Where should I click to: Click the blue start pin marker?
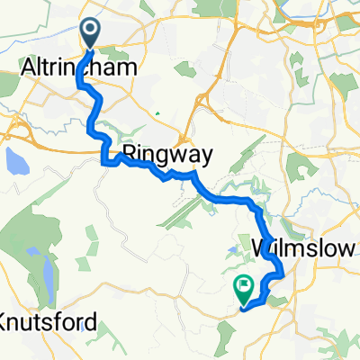click(x=92, y=34)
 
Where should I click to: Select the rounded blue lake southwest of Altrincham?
click(x=15, y=162)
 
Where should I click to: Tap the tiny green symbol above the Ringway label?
click(x=157, y=113)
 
